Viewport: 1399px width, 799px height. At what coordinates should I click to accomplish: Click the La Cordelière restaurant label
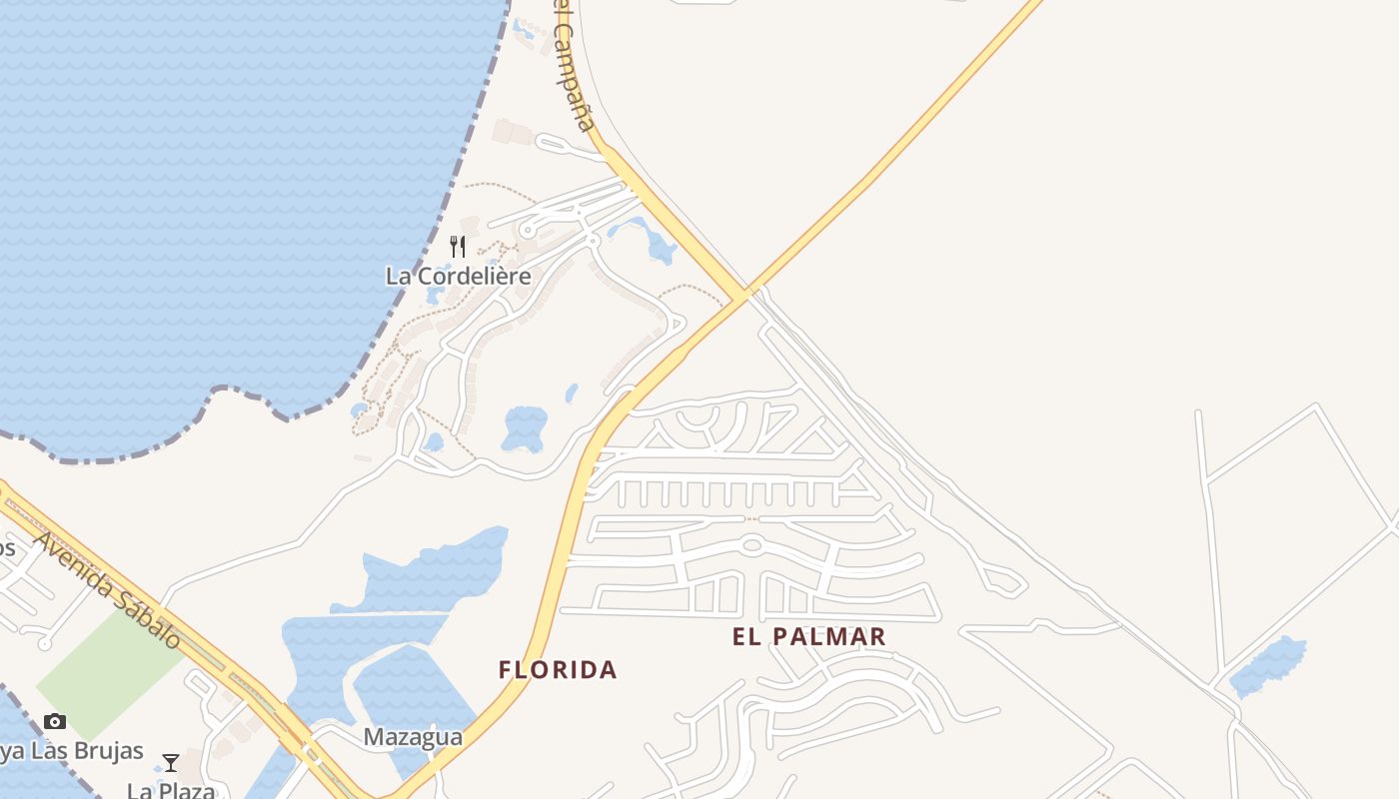pos(458,276)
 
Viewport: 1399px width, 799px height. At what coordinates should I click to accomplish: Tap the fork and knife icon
pos(458,246)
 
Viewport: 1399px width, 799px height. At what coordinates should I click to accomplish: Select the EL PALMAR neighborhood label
pos(809,636)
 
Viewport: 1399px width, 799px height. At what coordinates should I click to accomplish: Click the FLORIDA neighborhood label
pos(558,669)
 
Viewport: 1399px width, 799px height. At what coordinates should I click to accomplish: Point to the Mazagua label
pos(413,737)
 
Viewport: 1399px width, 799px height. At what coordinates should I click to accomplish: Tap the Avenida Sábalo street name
pos(109,589)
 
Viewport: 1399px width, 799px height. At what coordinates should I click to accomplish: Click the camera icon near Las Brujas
pos(55,721)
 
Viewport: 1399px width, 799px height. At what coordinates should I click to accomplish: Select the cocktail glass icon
pos(171,763)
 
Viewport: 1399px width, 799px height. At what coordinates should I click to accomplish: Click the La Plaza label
pos(171,791)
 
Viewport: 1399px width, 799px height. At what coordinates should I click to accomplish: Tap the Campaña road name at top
pos(575,65)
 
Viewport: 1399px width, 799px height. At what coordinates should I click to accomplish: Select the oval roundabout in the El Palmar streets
pos(752,545)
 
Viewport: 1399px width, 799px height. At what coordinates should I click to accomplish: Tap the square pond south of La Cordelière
pos(525,427)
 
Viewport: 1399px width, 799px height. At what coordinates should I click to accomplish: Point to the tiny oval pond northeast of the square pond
pos(572,393)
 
